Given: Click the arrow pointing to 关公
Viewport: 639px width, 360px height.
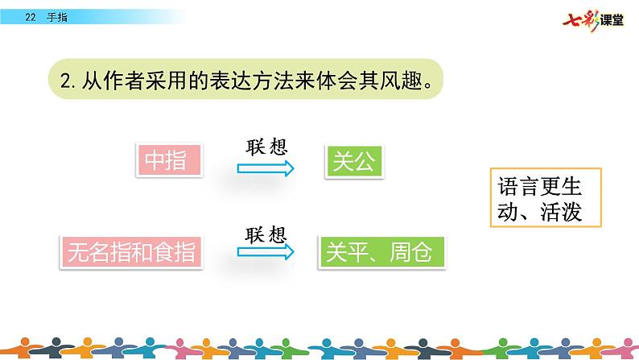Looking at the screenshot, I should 266,168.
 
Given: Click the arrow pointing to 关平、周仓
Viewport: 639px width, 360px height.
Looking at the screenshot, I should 266,252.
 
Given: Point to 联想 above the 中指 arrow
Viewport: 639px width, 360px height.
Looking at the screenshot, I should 266,147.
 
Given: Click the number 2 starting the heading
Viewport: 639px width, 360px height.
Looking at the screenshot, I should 66,80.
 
